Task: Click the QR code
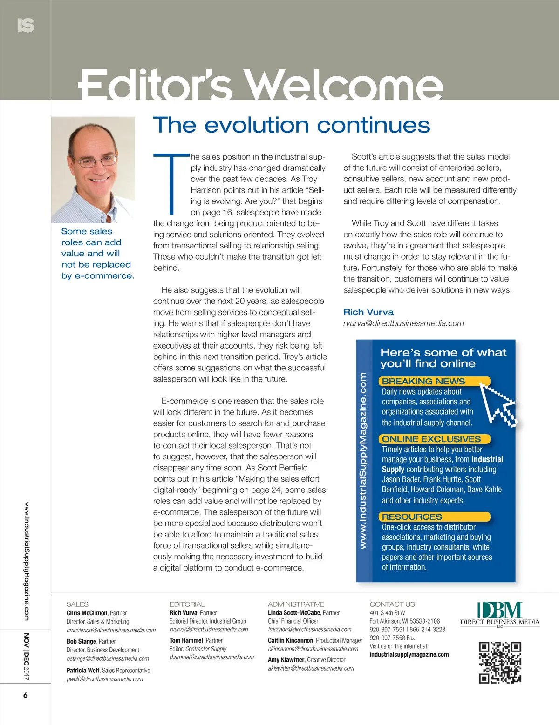(x=500, y=662)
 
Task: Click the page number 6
(x=25, y=695)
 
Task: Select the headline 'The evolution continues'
(x=291, y=126)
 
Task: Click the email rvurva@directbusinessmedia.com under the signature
(x=403, y=323)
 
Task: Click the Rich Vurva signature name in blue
(x=368, y=312)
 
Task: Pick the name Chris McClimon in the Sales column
(x=87, y=613)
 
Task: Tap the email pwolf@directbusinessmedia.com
(x=105, y=679)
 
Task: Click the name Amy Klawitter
(x=286, y=659)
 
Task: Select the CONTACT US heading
(x=392, y=604)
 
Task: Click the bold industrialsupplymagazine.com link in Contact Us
(x=409, y=654)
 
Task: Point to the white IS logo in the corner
(x=26, y=25)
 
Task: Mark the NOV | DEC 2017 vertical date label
(x=27, y=656)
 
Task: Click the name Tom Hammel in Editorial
(x=186, y=640)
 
